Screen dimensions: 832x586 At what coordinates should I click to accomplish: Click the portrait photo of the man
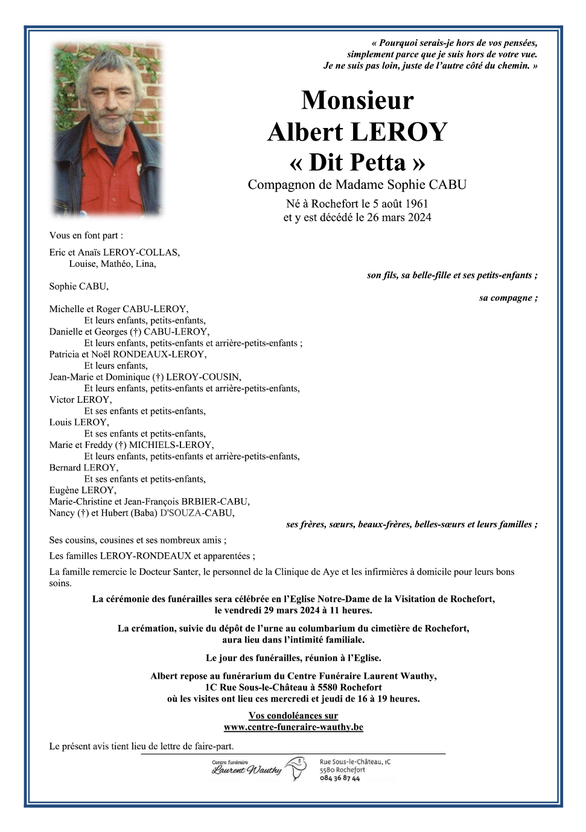(x=108, y=129)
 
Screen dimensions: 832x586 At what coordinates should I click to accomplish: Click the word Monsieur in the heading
(x=357, y=100)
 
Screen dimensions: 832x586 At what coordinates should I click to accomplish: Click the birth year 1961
(x=416, y=203)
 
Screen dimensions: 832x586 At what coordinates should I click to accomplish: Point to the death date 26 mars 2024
(x=399, y=217)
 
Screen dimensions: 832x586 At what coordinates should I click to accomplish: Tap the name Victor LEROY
(x=80, y=400)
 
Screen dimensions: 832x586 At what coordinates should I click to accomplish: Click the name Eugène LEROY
(x=82, y=490)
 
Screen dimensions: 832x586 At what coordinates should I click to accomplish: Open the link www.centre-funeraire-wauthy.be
(x=293, y=727)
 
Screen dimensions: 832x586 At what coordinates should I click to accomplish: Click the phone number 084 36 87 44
(x=340, y=778)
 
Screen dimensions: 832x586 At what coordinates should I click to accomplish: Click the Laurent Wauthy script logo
(x=246, y=770)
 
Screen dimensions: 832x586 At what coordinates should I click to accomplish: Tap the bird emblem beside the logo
(x=296, y=769)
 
